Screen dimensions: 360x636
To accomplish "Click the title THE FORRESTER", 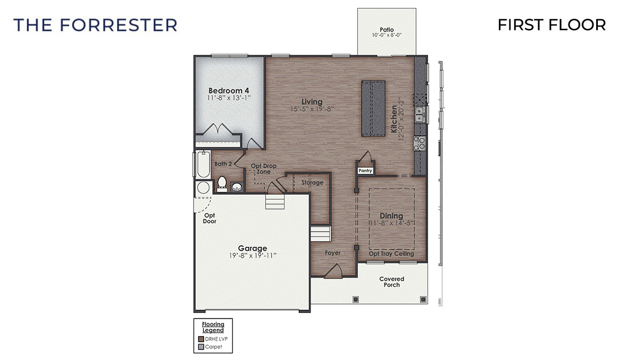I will (95, 25).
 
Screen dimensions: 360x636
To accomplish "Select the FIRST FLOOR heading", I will (551, 25).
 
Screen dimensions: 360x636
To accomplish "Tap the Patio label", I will (387, 29).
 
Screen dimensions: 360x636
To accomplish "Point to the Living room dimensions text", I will (312, 109).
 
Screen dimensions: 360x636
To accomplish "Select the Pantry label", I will (365, 171).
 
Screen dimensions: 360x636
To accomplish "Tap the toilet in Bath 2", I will (222, 183).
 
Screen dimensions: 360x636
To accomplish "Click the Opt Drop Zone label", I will (263, 169).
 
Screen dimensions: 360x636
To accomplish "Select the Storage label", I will (312, 182).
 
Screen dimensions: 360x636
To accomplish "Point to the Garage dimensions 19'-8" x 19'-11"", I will (253, 255).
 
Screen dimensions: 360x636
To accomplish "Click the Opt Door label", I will (209, 218).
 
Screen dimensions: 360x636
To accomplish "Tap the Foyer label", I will (332, 253).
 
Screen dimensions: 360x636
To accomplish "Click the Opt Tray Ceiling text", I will (391, 254).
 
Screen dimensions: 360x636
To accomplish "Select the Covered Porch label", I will (392, 281).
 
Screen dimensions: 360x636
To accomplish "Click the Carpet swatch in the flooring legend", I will (201, 347).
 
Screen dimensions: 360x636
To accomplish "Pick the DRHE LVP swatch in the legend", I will (201, 339).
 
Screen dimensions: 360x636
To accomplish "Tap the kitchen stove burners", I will (420, 144).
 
